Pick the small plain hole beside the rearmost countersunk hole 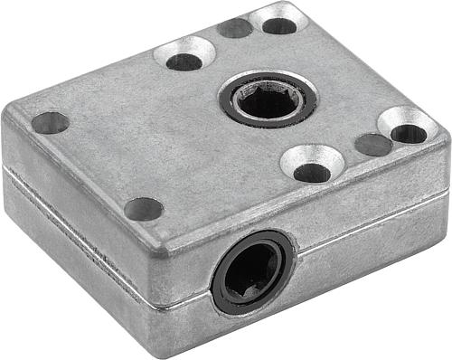pos(236,28)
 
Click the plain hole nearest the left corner pos(50,122)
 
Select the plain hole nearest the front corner pos(144,209)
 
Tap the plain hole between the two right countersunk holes pos(373,144)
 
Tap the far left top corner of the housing pos(11,113)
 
